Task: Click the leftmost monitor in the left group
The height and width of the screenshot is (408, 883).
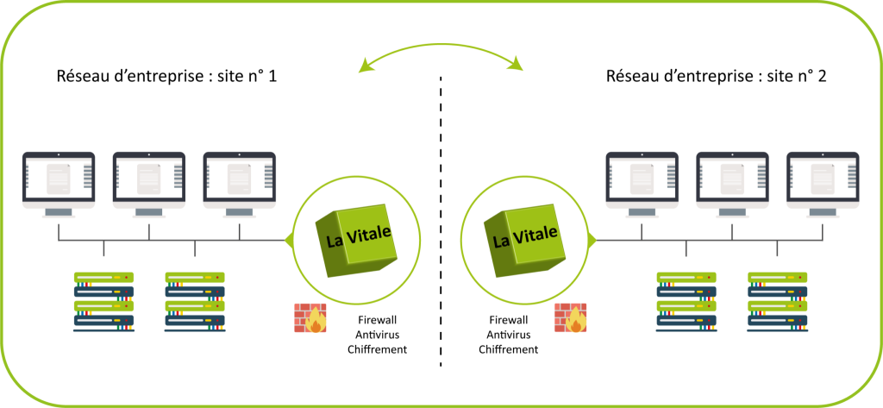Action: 59,180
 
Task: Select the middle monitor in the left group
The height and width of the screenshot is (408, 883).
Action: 149,180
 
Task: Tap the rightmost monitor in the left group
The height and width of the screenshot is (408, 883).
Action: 240,180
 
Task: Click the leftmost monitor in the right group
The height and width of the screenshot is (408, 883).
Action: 642,180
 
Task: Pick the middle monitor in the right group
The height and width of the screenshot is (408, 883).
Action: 732,180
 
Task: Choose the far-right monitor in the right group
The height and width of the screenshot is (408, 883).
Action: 823,180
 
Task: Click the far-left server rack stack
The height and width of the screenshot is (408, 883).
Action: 104,301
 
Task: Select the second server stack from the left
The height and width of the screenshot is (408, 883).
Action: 195,301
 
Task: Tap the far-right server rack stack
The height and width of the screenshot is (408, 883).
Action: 777,301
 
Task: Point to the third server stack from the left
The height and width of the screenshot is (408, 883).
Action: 686,301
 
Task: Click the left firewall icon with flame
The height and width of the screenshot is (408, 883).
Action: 310,317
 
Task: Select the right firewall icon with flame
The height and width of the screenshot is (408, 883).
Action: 571,317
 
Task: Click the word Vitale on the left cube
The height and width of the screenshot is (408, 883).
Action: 372,233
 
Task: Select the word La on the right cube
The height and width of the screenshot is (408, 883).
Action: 500,241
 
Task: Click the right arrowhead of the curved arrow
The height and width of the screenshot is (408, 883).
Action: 518,66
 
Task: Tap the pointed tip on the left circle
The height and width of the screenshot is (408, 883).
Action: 288,239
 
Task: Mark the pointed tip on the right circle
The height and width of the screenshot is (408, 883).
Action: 593,239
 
